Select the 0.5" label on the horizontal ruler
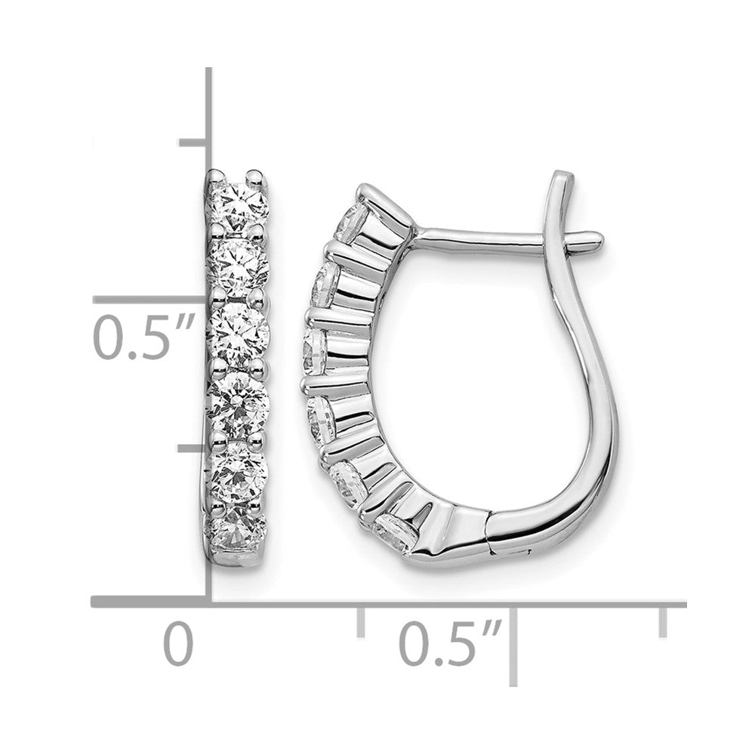tap(451, 643)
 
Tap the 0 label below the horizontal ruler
tap(178, 643)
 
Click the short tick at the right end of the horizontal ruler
tap(664, 621)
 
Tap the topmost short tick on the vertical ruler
tap(193, 141)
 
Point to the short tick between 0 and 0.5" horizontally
tap(361, 621)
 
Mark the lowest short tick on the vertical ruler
tap(193, 448)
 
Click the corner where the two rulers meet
tap(208, 603)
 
